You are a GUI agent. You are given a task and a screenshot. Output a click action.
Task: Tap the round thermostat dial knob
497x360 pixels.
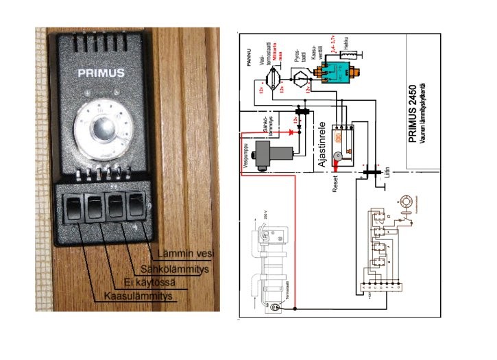(x=101, y=128)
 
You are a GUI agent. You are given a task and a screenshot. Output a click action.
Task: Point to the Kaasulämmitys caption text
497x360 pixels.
(x=138, y=296)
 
